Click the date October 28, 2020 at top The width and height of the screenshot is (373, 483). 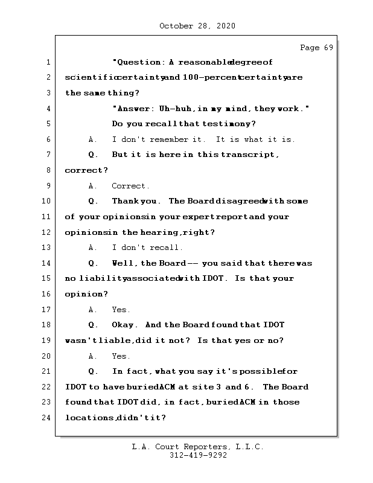(197, 26)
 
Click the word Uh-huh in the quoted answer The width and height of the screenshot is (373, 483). (176, 109)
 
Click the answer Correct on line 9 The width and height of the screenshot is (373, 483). (130, 186)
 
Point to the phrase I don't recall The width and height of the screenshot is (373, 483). (147, 248)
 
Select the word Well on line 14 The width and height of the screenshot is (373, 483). (124, 263)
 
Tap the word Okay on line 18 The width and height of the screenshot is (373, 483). (125, 325)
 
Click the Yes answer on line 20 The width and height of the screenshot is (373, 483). (121, 356)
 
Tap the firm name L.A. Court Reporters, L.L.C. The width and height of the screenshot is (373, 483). (197, 447)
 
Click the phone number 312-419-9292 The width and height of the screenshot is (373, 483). (197, 456)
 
